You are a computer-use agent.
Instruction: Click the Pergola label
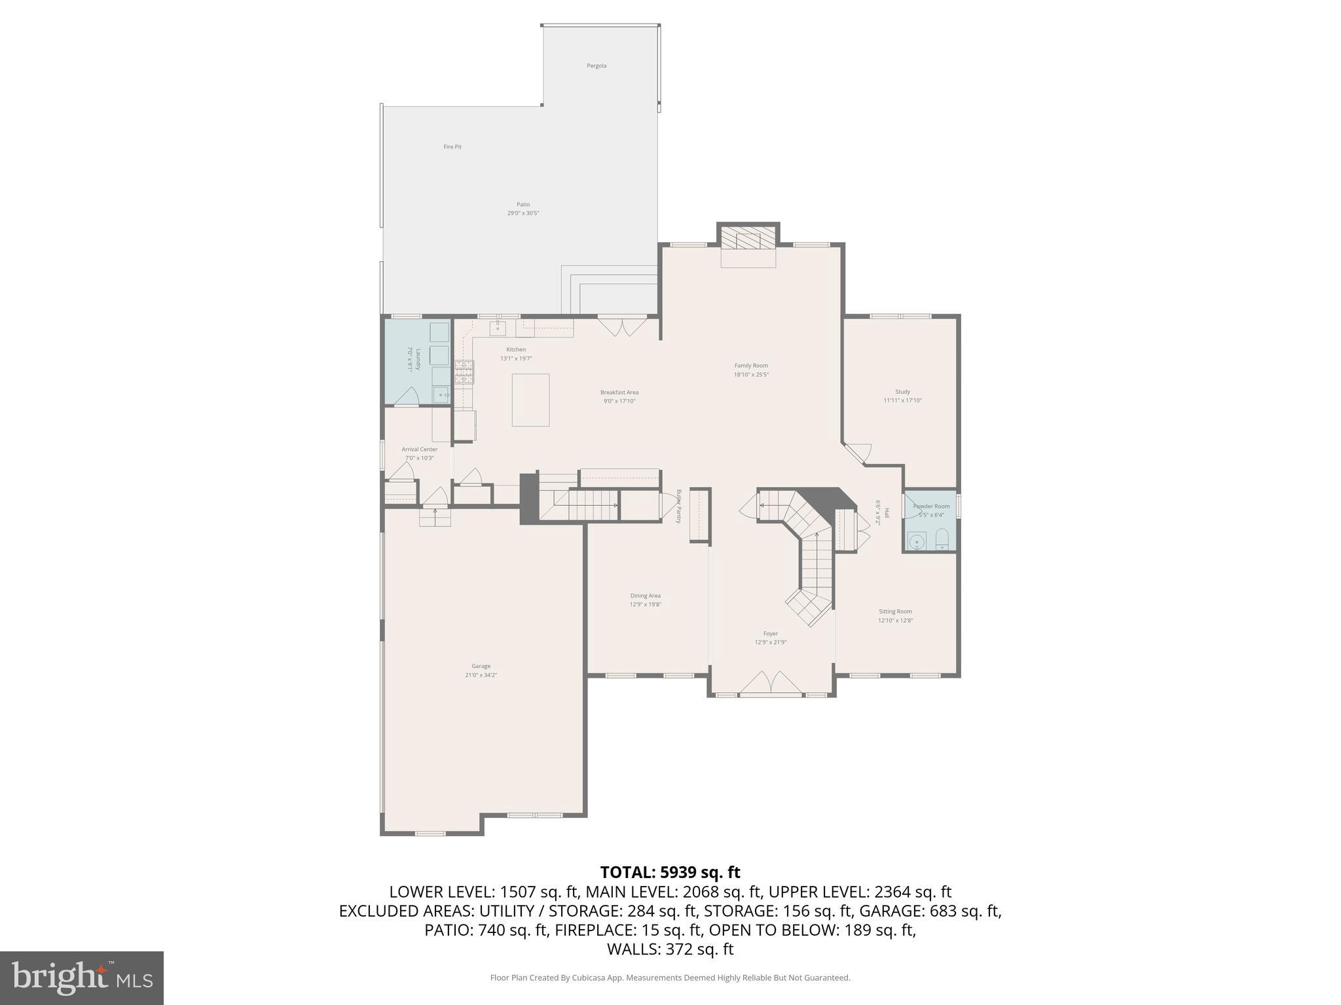596,66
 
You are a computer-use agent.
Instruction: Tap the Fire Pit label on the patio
452,147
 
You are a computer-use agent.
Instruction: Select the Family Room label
751,366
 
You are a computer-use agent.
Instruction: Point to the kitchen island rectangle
530,400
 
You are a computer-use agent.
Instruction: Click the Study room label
902,392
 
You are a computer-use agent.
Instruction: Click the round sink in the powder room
917,541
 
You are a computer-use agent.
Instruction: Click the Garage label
481,666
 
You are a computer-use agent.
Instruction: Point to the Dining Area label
645,596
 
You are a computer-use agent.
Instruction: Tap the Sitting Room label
895,612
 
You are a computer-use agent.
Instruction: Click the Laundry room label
413,360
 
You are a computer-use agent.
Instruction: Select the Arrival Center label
419,450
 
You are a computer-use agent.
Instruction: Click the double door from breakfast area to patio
621,326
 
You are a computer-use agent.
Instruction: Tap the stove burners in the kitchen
464,372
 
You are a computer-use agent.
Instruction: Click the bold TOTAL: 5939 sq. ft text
670,872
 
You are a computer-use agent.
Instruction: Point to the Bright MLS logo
82,978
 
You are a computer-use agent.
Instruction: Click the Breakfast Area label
619,393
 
